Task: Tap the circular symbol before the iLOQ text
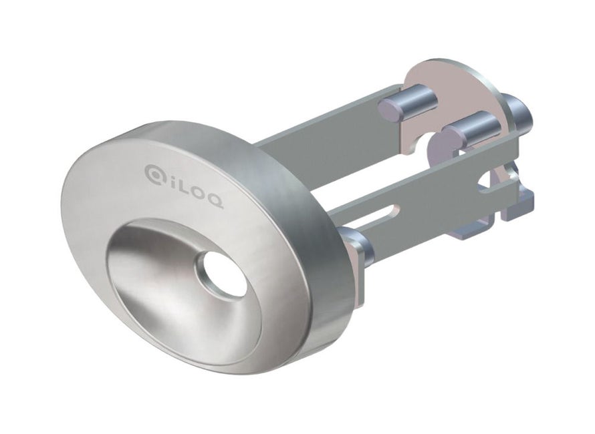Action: pos(154,174)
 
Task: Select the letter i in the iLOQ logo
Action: pos(169,180)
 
